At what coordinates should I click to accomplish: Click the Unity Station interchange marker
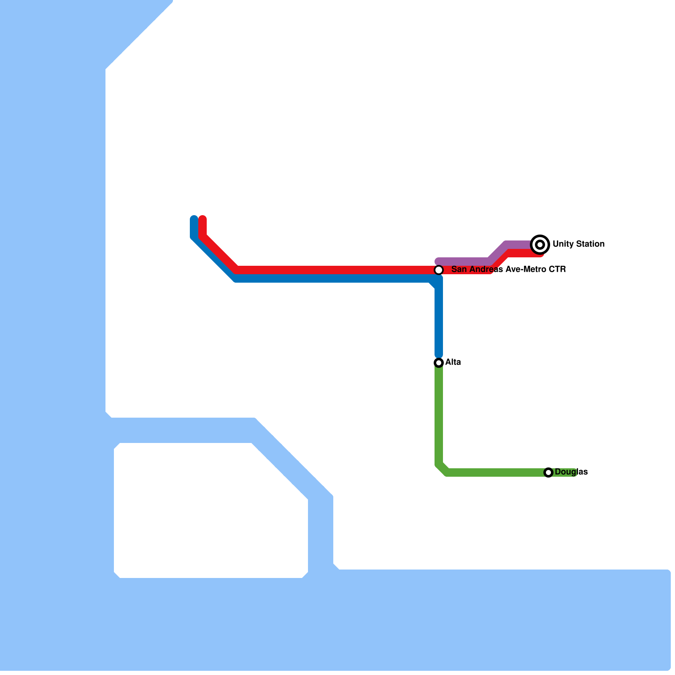(x=540, y=244)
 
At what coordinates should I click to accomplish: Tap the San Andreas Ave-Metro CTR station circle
(x=439, y=270)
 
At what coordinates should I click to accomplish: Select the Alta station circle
(x=439, y=362)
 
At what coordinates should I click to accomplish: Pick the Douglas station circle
(x=548, y=472)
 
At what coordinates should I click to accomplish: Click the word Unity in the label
(x=562, y=244)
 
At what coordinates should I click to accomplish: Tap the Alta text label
(x=453, y=362)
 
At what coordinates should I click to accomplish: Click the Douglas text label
(x=571, y=472)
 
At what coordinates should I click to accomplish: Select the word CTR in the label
(x=557, y=269)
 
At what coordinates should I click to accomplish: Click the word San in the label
(x=458, y=269)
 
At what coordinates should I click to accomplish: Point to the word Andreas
(x=485, y=269)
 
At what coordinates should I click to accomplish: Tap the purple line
(x=464, y=262)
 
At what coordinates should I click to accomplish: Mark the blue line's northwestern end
(x=194, y=219)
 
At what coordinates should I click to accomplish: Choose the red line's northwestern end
(x=202, y=219)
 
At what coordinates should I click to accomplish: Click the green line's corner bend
(x=442, y=469)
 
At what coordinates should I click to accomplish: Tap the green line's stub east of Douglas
(x=570, y=472)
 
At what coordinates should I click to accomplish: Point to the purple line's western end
(x=438, y=262)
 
